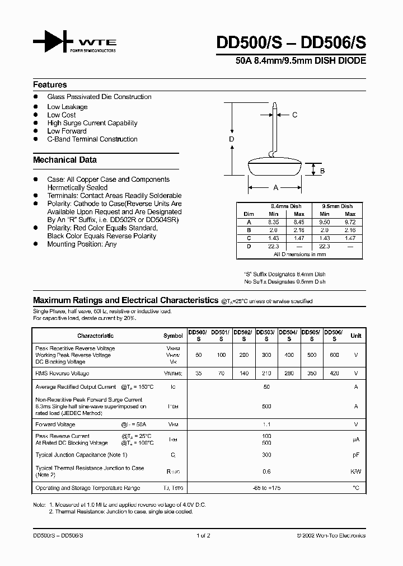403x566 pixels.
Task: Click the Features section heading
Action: tap(50, 85)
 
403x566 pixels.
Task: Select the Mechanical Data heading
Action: tap(65, 160)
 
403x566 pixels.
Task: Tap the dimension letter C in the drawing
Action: tap(295, 115)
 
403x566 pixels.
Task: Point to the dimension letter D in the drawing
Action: tap(231, 139)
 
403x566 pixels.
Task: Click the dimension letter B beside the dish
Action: tap(322, 171)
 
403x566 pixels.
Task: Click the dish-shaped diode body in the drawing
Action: tap(275, 168)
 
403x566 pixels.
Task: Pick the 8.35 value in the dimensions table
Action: tap(274, 222)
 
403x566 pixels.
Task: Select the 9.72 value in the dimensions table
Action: tap(349, 222)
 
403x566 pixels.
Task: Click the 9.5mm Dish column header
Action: tap(337, 206)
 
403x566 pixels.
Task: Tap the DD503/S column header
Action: tap(266, 335)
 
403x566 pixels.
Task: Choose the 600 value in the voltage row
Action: tap(334, 355)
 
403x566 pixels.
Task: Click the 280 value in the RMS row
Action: tap(289, 373)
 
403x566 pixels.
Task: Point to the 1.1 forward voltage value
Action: tap(266, 424)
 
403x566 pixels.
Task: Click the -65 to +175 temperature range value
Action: tap(266, 488)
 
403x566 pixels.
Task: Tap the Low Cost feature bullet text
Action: tap(62, 115)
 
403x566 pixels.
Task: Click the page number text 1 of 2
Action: tap(203, 536)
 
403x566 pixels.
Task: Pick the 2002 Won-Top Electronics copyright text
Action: tap(331, 536)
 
